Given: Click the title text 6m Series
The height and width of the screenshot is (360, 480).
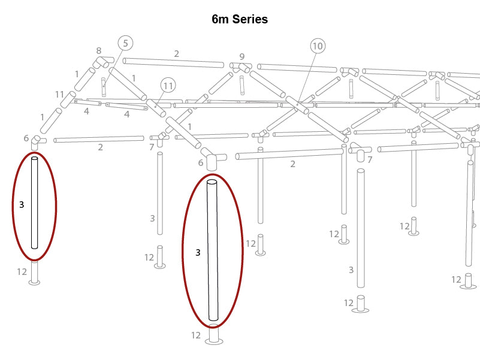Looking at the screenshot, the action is tap(240, 19).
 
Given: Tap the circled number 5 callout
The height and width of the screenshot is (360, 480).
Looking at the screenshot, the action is tap(125, 43).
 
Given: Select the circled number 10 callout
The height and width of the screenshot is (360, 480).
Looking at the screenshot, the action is tap(318, 46).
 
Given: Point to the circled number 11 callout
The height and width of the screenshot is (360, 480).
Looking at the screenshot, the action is tap(168, 86).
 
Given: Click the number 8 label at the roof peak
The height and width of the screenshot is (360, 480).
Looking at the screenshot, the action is tap(99, 50).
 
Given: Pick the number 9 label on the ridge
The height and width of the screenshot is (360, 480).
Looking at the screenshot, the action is tap(242, 57).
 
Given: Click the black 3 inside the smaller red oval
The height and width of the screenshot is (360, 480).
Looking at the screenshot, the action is tap(22, 204).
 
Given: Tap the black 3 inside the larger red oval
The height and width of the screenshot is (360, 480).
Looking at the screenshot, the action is tap(198, 252).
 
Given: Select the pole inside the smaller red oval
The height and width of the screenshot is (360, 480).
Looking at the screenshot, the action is tap(35, 202).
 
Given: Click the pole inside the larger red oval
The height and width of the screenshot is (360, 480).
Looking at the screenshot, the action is tap(213, 250).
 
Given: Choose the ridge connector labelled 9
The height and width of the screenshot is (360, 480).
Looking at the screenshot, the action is tap(241, 66).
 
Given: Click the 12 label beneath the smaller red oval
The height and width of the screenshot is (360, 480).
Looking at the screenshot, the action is tap(22, 271).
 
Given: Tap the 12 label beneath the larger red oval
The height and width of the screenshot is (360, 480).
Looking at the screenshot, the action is tap(196, 335).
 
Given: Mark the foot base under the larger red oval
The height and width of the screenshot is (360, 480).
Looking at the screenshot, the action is tap(214, 334).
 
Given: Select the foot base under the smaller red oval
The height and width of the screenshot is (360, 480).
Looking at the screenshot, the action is tap(34, 273).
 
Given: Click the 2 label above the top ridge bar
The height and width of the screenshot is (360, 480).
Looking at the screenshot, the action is tap(177, 54).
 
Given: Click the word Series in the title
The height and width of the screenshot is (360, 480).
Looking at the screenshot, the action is tap(250, 19).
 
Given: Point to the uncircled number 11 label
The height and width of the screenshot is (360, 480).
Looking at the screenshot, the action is tap(59, 94).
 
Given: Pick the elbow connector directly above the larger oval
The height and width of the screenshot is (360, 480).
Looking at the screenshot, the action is tap(214, 159).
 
